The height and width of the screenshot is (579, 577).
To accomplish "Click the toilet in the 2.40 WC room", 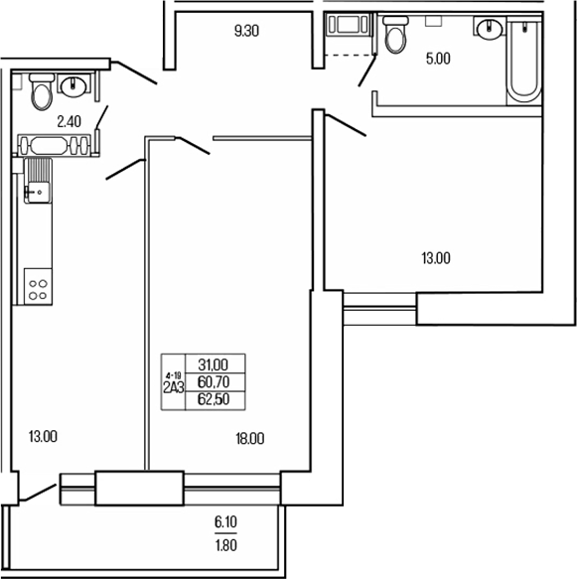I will pyautogui.click(x=42, y=92).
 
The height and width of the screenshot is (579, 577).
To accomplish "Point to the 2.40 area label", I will pyautogui.click(x=69, y=122).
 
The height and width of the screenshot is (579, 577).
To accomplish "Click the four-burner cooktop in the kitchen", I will pyautogui.click(x=39, y=287).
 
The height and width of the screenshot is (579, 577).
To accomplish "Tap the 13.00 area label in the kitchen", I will pyautogui.click(x=43, y=436).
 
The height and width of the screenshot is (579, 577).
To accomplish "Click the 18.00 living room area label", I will pyautogui.click(x=249, y=437).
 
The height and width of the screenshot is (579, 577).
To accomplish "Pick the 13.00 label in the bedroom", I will pyautogui.click(x=436, y=258).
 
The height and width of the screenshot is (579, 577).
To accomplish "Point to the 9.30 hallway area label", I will pyautogui.click(x=245, y=31).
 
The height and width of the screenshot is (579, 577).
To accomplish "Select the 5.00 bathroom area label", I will pyautogui.click(x=437, y=59).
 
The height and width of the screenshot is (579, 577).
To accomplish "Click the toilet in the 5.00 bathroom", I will pyautogui.click(x=395, y=37).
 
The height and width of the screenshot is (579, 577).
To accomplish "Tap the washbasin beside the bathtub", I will pyautogui.click(x=489, y=30).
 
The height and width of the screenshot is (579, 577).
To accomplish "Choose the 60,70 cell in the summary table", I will pyautogui.click(x=213, y=381).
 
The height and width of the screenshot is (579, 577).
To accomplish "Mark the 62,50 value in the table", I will pyautogui.click(x=213, y=398).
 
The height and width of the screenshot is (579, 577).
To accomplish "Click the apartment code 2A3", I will pyautogui.click(x=174, y=388).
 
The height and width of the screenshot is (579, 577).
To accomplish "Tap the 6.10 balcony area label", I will pyautogui.click(x=225, y=521).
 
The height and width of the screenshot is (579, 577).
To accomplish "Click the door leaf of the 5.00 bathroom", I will pyautogui.click(x=367, y=70).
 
